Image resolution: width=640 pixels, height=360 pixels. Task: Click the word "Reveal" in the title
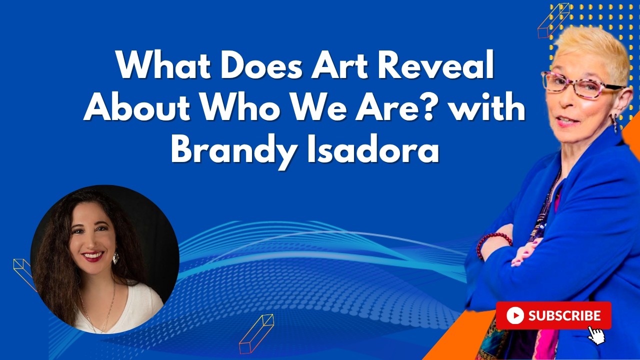click(436, 65)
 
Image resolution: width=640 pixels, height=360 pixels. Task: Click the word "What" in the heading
click(164, 65)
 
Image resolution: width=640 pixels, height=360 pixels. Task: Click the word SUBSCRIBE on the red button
click(564, 315)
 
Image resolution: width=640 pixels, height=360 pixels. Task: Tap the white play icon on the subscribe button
click(515, 315)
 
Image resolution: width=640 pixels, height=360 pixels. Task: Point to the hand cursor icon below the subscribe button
click(596, 335)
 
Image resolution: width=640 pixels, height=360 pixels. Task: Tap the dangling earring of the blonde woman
click(614, 123)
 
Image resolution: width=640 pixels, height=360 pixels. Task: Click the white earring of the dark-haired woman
click(116, 258)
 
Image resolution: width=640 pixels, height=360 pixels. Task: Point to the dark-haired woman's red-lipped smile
click(93, 255)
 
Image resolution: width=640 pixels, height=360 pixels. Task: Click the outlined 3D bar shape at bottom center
click(256, 334)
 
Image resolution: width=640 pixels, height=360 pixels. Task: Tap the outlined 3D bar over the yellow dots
click(553, 20)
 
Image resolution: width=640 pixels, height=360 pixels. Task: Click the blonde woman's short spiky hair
click(591, 51)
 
